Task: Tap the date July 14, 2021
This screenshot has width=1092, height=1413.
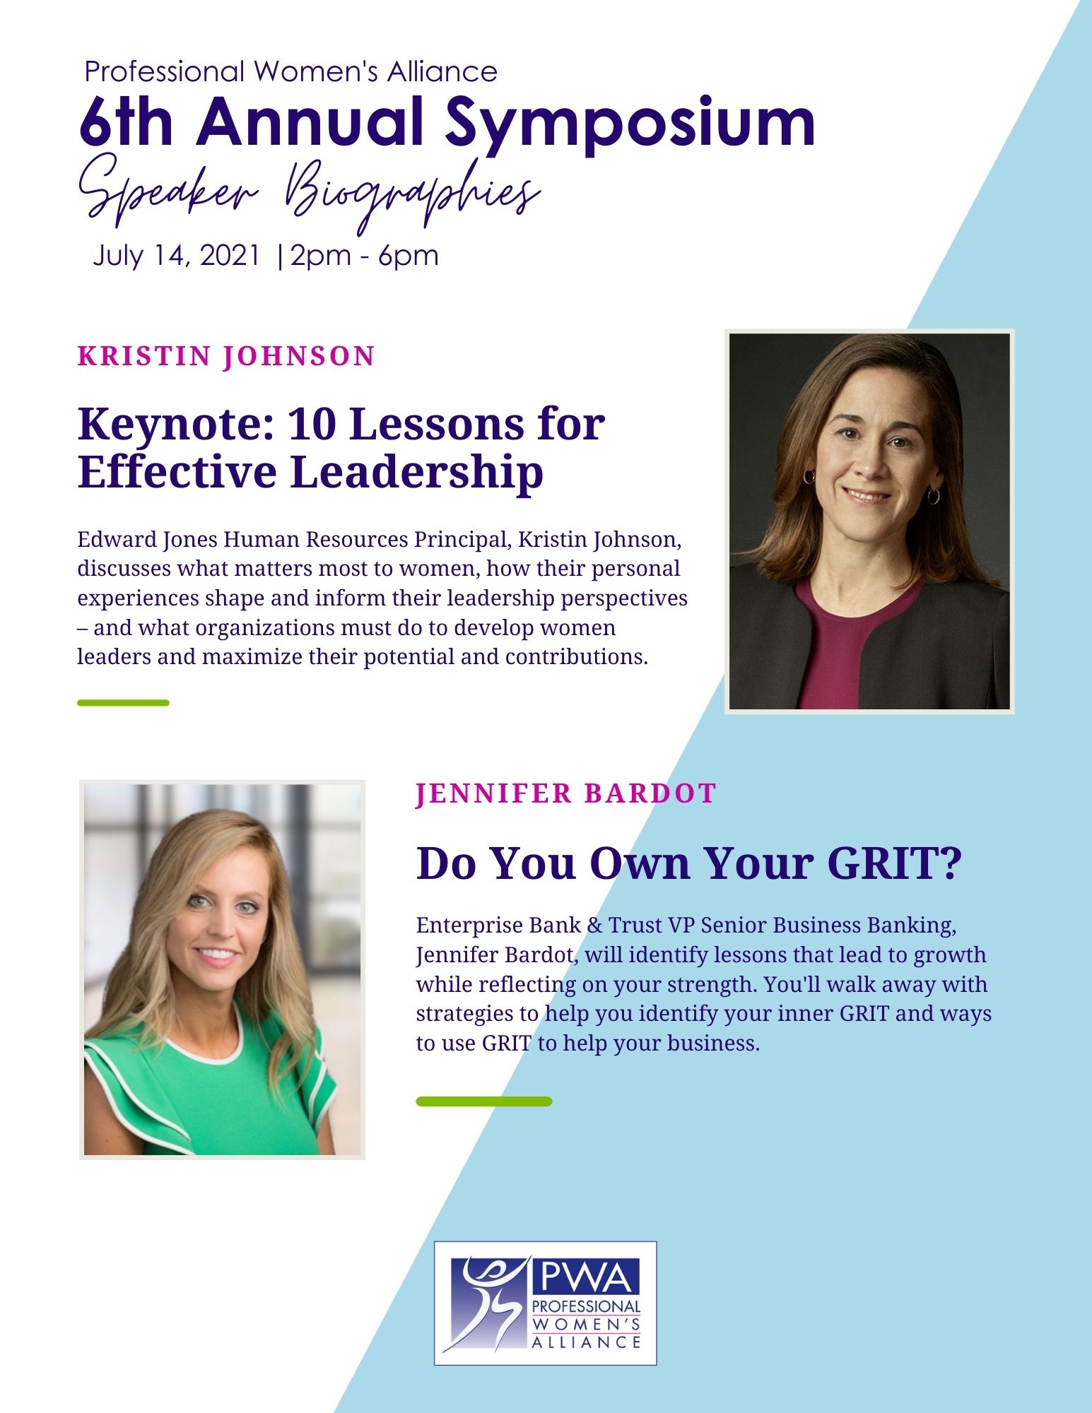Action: pyautogui.click(x=177, y=255)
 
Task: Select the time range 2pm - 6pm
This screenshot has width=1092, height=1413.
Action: pyautogui.click(x=364, y=255)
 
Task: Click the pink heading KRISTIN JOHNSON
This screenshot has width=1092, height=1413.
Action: pyautogui.click(x=226, y=356)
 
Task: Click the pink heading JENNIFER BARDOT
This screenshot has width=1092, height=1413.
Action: pyautogui.click(x=566, y=793)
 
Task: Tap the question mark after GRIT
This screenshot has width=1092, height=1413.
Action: pyautogui.click(x=951, y=863)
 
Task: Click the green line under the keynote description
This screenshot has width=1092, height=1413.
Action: pyautogui.click(x=123, y=702)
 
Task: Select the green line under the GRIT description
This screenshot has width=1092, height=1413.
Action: pyautogui.click(x=484, y=1101)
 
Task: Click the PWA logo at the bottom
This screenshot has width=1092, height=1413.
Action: pyautogui.click(x=546, y=1302)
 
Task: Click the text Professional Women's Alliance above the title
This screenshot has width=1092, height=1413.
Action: pyautogui.click(x=290, y=71)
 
